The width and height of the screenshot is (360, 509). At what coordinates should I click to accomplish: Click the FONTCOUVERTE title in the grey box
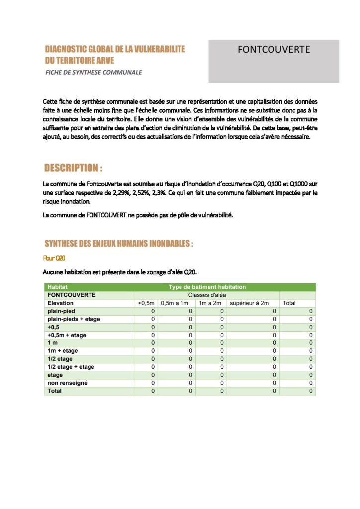tap(273, 50)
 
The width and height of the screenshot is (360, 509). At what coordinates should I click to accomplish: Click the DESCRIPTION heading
tap(73, 168)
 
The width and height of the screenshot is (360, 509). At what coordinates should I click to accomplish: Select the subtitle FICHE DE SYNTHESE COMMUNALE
tap(93, 72)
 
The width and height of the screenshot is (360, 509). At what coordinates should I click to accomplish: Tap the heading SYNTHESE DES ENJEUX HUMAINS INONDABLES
tap(118, 244)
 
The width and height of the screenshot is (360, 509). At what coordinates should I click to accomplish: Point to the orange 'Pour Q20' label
tap(54, 258)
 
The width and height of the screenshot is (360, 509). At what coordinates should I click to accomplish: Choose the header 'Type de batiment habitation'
tap(207, 287)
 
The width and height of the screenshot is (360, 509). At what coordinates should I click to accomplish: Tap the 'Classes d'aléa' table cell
tap(207, 295)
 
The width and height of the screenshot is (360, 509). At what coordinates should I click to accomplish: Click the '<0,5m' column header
tap(146, 303)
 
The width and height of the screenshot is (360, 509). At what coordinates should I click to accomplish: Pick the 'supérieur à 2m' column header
tap(249, 303)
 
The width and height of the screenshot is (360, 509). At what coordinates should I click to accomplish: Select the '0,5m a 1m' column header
tap(175, 303)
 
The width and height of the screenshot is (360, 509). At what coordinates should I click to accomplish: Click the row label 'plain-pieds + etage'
tap(73, 319)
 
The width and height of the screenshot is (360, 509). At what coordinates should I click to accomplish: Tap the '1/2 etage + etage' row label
tap(71, 367)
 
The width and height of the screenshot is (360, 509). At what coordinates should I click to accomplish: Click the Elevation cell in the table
tap(60, 303)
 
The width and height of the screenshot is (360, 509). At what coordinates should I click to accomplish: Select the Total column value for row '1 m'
tap(311, 343)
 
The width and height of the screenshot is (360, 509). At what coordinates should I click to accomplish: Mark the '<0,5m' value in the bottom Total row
tap(153, 391)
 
